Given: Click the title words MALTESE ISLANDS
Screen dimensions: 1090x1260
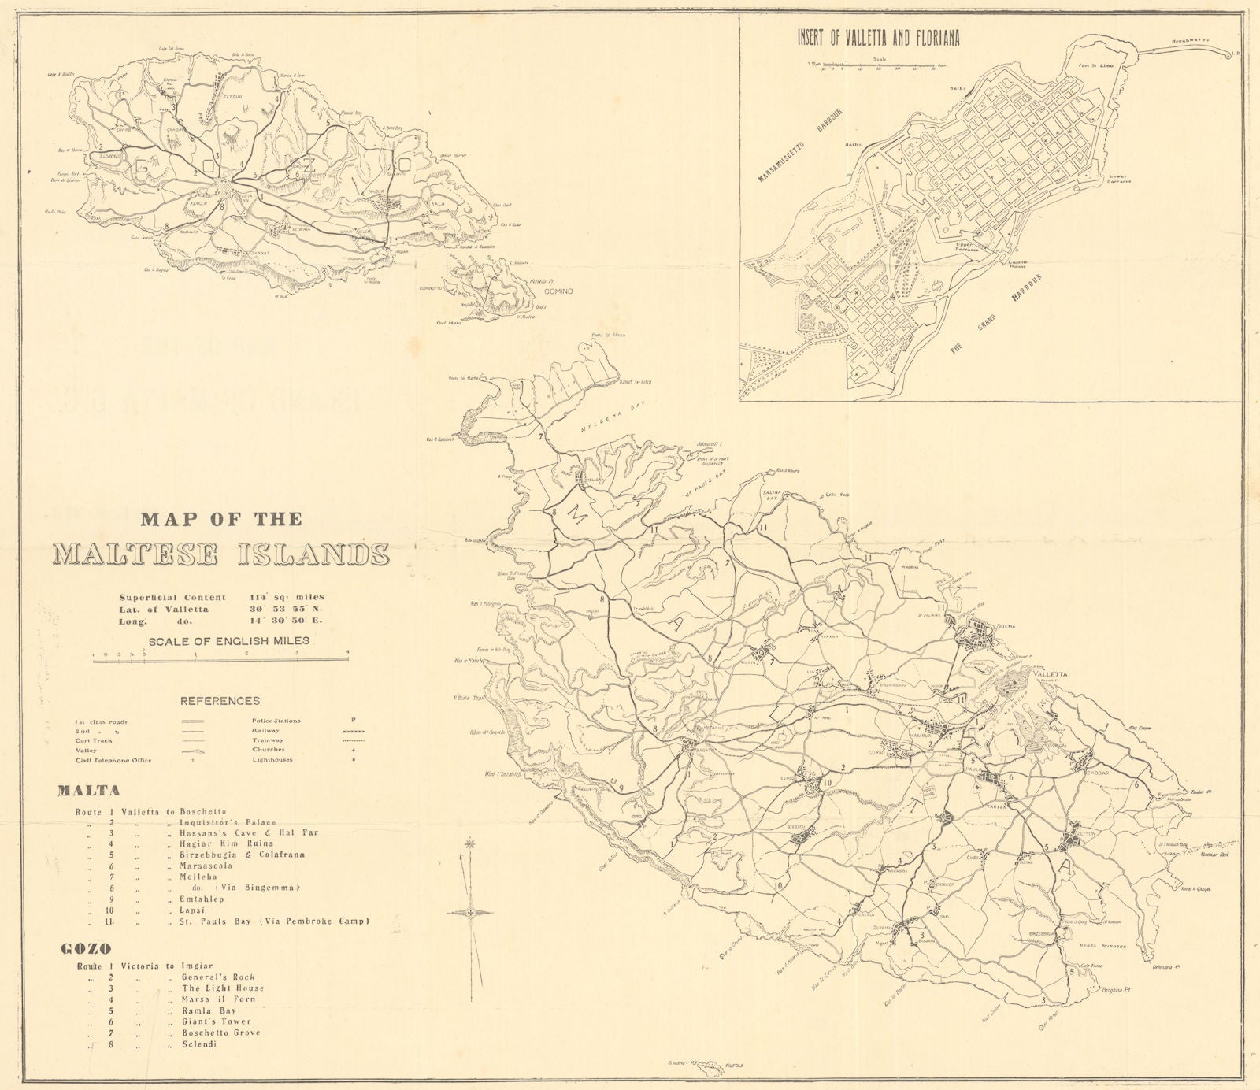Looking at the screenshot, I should (x=221, y=554).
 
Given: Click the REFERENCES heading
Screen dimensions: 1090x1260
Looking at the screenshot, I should (x=220, y=700).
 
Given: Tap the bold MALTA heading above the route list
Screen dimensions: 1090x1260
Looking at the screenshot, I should (x=87, y=791).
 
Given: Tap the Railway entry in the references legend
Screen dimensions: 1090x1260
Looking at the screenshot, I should (x=265, y=730).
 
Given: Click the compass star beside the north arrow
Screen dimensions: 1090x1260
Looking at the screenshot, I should (x=471, y=913).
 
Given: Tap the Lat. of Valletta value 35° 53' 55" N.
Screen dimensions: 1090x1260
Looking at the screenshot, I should (x=287, y=610).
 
